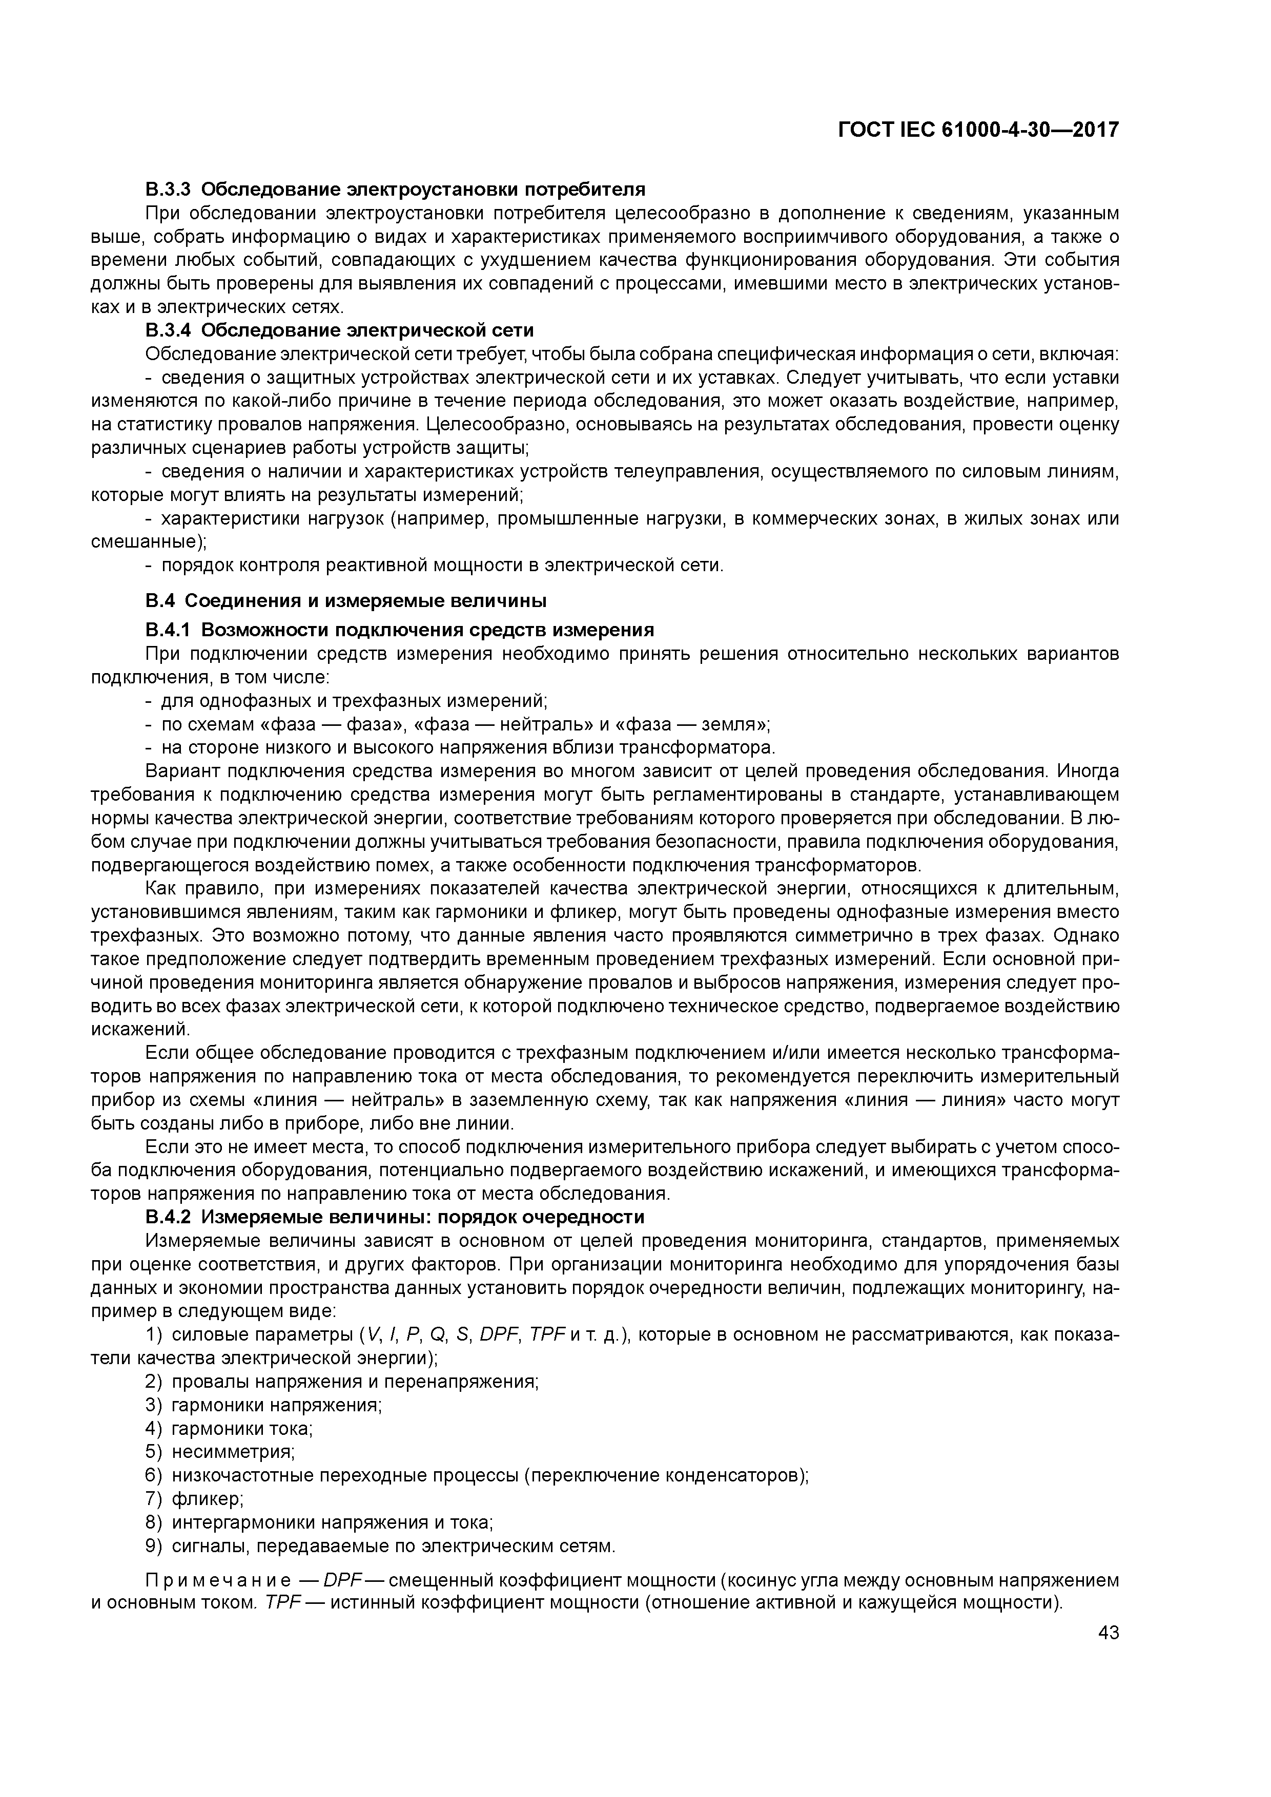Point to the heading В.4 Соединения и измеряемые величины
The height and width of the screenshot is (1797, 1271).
[x=345, y=600]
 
